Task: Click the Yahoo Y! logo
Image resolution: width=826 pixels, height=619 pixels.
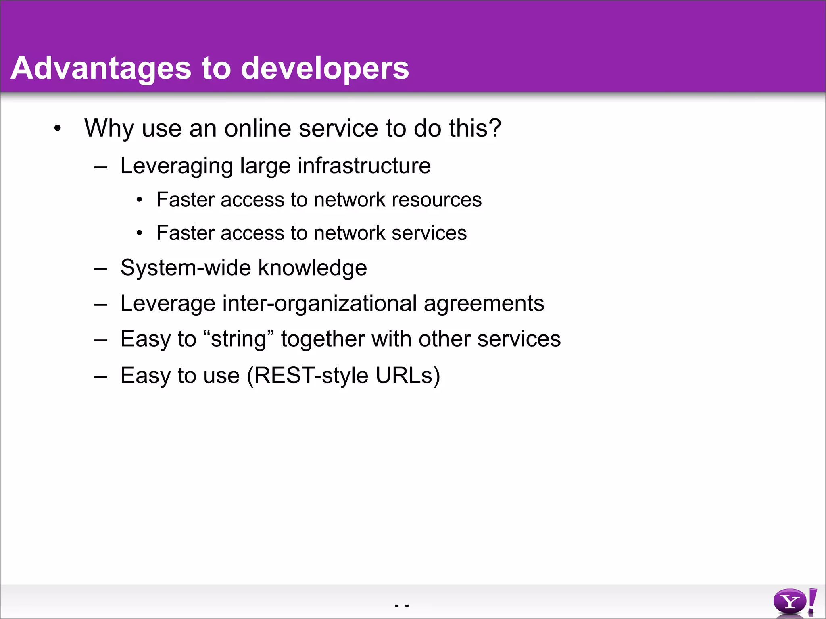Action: click(795, 602)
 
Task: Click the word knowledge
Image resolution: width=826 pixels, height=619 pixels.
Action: click(312, 268)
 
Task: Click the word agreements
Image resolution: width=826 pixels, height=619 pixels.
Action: click(484, 303)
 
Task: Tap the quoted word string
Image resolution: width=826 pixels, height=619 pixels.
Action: click(239, 339)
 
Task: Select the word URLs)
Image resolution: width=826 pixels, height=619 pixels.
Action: click(407, 376)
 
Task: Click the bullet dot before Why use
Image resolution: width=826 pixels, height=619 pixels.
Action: click(58, 129)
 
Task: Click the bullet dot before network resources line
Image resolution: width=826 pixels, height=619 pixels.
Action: click(139, 200)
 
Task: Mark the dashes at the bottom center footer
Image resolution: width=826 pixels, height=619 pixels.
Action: click(402, 605)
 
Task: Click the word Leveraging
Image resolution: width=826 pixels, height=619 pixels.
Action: click(177, 166)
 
